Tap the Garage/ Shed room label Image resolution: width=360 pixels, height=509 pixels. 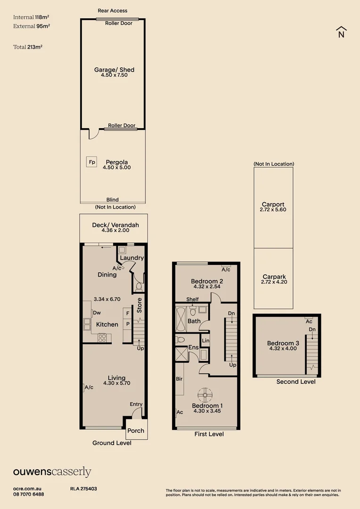click(114, 70)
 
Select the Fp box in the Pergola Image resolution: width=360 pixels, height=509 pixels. click(91, 162)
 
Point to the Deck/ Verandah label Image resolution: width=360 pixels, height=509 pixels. click(115, 225)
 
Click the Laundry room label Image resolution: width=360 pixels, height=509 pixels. click(131, 258)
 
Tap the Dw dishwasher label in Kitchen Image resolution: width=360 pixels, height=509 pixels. click(97, 312)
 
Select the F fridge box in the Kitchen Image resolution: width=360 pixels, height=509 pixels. click(127, 313)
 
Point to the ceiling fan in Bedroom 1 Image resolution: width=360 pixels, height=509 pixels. click(205, 394)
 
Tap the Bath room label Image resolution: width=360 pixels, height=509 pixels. click(194, 321)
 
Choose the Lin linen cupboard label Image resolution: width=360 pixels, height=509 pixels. click(205, 340)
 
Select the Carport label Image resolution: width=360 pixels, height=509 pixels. click(273, 205)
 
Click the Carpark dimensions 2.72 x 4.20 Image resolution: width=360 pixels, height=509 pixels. click(273, 282)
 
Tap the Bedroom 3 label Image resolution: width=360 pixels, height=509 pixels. click(283, 343)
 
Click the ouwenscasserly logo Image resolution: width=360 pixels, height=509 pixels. click(52, 472)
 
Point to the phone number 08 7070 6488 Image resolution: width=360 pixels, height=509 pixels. click(29, 494)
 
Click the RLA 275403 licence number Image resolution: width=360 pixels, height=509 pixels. click(83, 489)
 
